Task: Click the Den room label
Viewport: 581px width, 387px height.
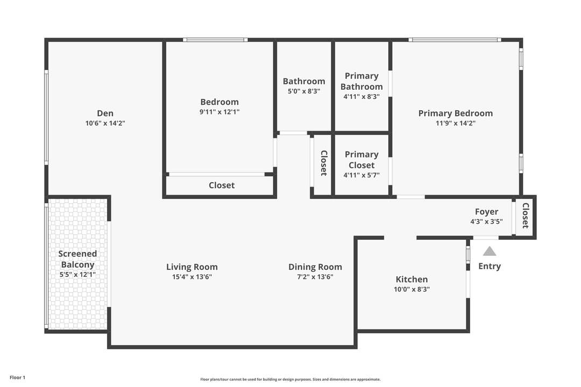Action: [105, 113]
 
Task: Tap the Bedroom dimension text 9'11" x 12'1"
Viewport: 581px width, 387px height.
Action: [219, 112]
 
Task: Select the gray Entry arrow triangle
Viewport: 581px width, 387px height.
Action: [490, 251]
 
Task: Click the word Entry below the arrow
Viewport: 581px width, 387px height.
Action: [490, 266]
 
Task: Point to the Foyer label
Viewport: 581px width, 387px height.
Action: [486, 212]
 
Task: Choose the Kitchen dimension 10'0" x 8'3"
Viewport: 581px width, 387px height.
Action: [412, 289]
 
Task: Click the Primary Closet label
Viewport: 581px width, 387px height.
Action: [362, 160]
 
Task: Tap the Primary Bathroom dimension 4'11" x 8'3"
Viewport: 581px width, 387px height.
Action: [362, 97]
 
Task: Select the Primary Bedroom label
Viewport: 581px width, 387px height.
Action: [455, 113]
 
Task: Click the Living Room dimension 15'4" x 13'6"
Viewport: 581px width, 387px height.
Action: [192, 277]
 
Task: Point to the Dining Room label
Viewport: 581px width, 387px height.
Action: [315, 267]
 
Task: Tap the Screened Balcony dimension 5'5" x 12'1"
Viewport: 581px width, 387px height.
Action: [77, 275]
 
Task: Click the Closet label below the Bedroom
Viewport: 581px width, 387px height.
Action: [222, 185]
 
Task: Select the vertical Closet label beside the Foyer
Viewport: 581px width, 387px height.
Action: [526, 215]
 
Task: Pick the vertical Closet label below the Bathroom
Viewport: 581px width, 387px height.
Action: [323, 163]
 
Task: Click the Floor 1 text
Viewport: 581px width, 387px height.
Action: [17, 377]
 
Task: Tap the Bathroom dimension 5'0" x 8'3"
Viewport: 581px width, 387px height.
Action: [304, 91]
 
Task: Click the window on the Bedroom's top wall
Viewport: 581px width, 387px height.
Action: [215, 40]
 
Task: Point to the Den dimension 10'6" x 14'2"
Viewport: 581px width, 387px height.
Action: [105, 123]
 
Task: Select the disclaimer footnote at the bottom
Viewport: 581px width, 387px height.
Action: [290, 379]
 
